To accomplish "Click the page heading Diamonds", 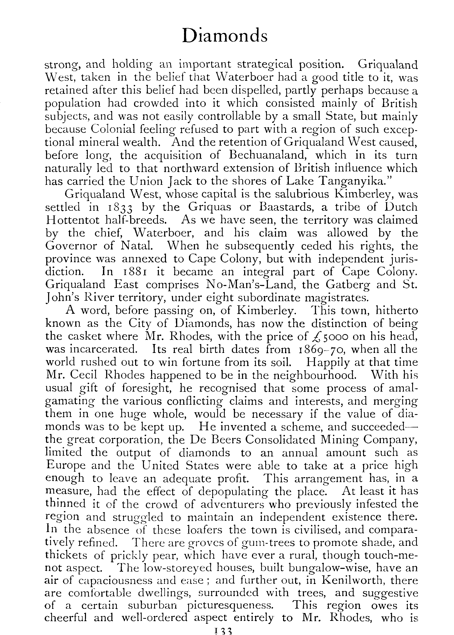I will pos(225,36).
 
